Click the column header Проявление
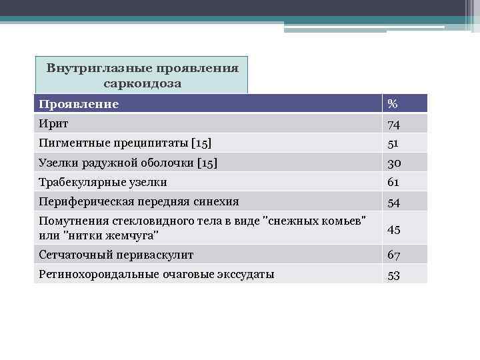point(79,104)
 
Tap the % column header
point(393,104)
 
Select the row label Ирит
point(53,123)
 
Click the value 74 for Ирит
point(394,124)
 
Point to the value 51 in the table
point(393,143)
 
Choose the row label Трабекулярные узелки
point(103,182)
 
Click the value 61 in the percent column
point(393,182)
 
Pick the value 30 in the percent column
point(394,163)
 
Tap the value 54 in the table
point(394,202)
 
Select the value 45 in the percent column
point(394,230)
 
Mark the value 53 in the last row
point(394,275)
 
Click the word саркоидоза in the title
point(142,83)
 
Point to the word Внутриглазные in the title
point(99,69)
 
